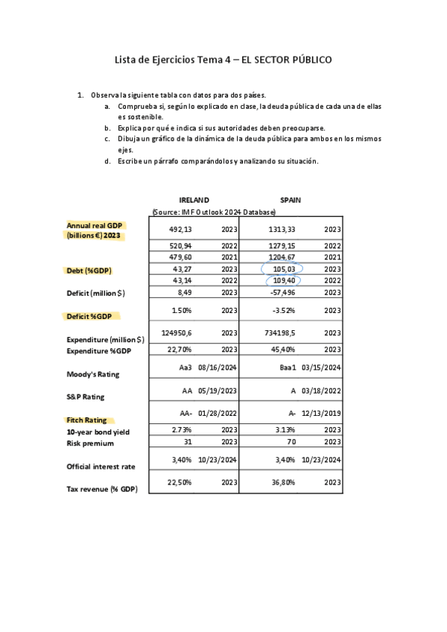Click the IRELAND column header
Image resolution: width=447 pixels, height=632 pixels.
click(x=194, y=200)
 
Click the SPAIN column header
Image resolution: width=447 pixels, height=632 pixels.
click(x=291, y=200)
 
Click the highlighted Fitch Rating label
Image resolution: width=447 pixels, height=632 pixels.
click(x=86, y=420)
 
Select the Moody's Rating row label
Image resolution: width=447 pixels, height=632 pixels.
click(x=93, y=373)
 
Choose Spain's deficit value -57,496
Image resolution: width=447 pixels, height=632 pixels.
click(x=282, y=293)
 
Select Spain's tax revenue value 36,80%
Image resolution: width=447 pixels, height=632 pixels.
click(x=284, y=482)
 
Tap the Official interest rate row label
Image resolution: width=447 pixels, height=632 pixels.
click(x=101, y=467)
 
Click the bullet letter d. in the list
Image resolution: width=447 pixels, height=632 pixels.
click(x=108, y=161)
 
